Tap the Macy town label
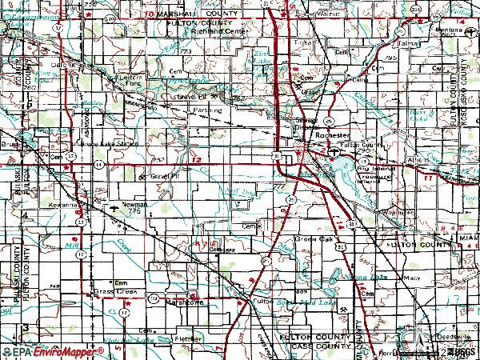(x=413, y=278)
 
